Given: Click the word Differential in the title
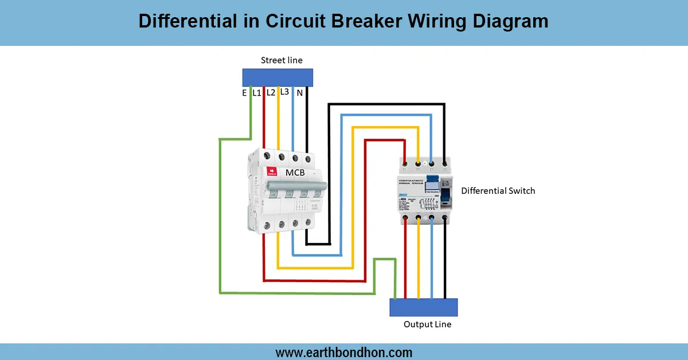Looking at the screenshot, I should coord(185,21).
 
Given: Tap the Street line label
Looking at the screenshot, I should coord(282,60).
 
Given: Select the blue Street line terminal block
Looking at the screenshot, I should coord(277,77).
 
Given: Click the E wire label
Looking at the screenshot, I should coord(244,92).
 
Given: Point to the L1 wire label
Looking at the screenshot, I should coord(257,92).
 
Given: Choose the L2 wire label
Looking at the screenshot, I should coord(271,92).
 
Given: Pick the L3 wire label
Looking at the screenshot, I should coord(284,92).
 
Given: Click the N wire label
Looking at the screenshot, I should coord(299,92).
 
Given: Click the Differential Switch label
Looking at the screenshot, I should coord(498,190).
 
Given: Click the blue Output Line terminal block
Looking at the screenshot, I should coord(424,307).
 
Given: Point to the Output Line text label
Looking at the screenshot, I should coord(427,324).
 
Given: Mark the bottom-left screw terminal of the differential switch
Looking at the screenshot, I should coord(406,218).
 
